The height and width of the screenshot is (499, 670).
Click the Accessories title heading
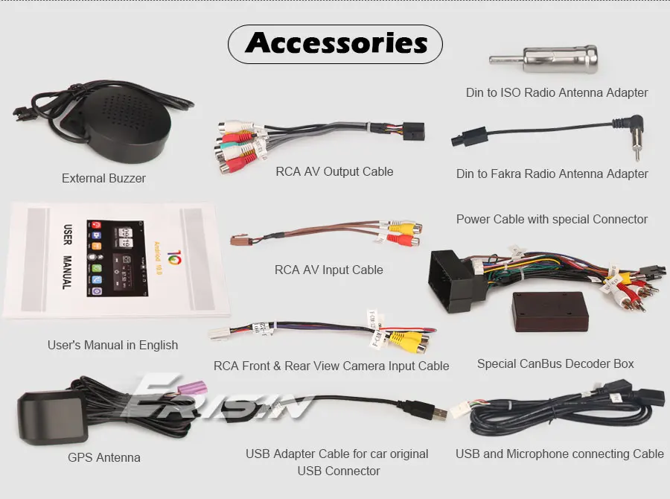click(x=336, y=43)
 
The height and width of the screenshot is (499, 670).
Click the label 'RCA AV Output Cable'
click(x=334, y=171)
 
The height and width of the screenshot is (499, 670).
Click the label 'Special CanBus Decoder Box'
click(x=555, y=364)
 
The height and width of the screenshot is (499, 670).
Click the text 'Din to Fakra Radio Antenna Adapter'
click(x=552, y=174)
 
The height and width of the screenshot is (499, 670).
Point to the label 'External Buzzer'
click(x=103, y=178)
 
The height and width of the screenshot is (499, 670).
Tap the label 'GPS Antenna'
click(x=103, y=457)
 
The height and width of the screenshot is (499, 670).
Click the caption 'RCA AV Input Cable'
click(x=329, y=270)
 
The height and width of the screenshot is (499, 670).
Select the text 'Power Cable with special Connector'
click(x=552, y=219)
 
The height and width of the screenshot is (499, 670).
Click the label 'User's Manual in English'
click(x=112, y=345)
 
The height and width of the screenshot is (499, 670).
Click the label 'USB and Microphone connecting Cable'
click(x=560, y=454)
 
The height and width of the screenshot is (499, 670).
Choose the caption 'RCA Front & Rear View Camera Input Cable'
click(x=331, y=366)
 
